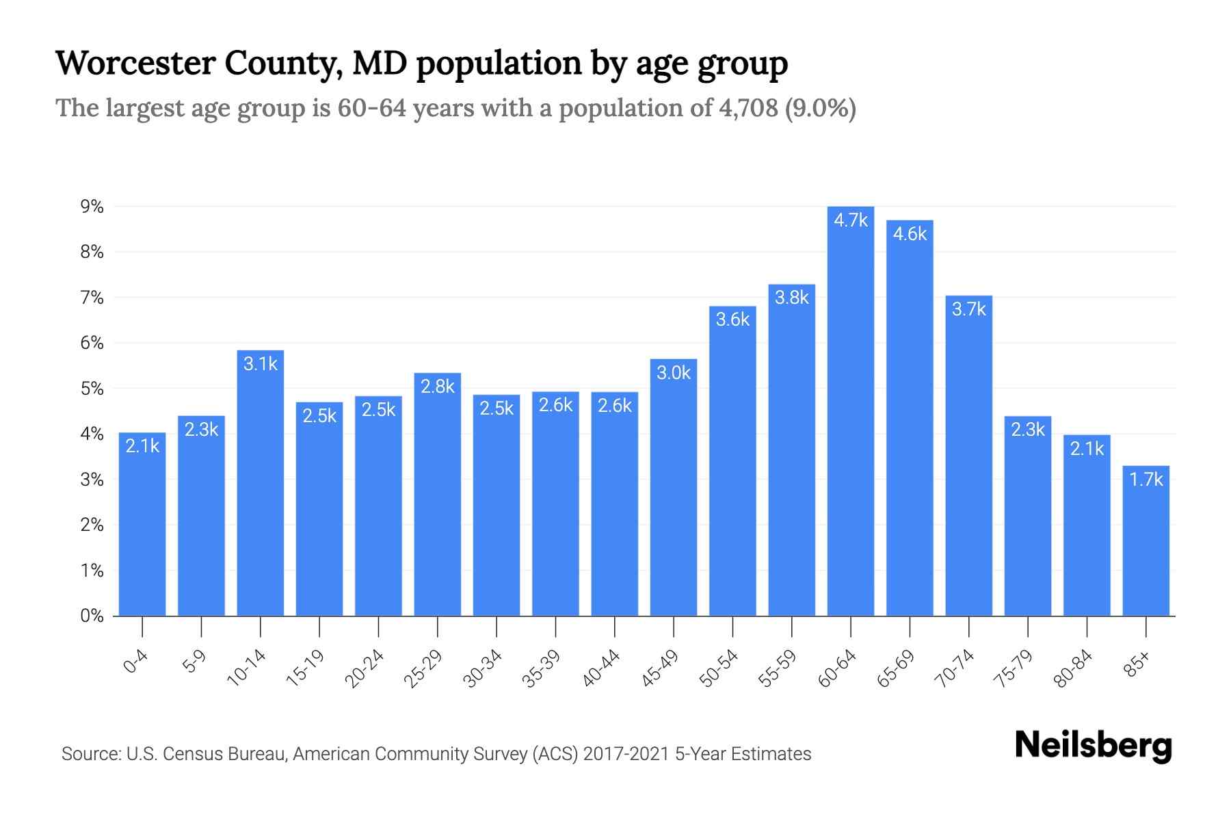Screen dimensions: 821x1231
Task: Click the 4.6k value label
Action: (x=910, y=234)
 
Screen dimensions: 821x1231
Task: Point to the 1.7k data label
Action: (x=1146, y=480)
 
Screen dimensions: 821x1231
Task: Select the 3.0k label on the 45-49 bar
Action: (x=674, y=373)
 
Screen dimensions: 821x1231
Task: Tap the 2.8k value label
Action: (x=438, y=387)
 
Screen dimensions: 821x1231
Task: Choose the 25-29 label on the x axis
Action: (x=423, y=668)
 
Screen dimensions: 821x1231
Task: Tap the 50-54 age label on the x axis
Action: (x=719, y=668)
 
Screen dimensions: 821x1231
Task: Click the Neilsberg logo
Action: (x=1093, y=746)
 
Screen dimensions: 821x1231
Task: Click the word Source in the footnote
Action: (x=89, y=754)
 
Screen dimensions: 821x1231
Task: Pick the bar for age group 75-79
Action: (x=1027, y=520)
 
